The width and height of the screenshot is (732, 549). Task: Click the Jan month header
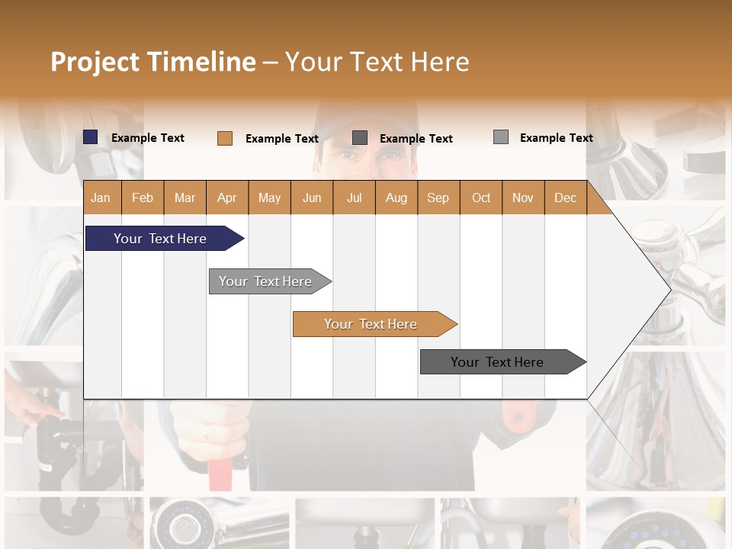(101, 197)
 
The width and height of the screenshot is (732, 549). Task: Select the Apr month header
(227, 197)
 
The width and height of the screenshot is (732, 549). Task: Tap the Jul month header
(354, 197)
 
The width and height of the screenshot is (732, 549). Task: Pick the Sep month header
(438, 197)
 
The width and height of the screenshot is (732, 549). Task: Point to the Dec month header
(565, 197)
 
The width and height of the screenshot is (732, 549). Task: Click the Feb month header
(143, 197)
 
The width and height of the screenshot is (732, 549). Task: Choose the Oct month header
(481, 197)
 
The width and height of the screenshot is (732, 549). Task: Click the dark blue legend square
(91, 137)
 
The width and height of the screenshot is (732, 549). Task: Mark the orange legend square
(225, 138)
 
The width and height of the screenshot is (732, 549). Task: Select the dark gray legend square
(360, 138)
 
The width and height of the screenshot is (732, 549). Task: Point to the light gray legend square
(501, 137)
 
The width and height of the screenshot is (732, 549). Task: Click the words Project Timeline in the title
(153, 62)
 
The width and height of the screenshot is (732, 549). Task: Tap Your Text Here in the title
(377, 62)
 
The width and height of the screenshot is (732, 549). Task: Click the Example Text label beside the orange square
(282, 139)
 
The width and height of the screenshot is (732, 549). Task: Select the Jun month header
(312, 197)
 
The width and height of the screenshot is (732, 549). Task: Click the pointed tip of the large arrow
(668, 289)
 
